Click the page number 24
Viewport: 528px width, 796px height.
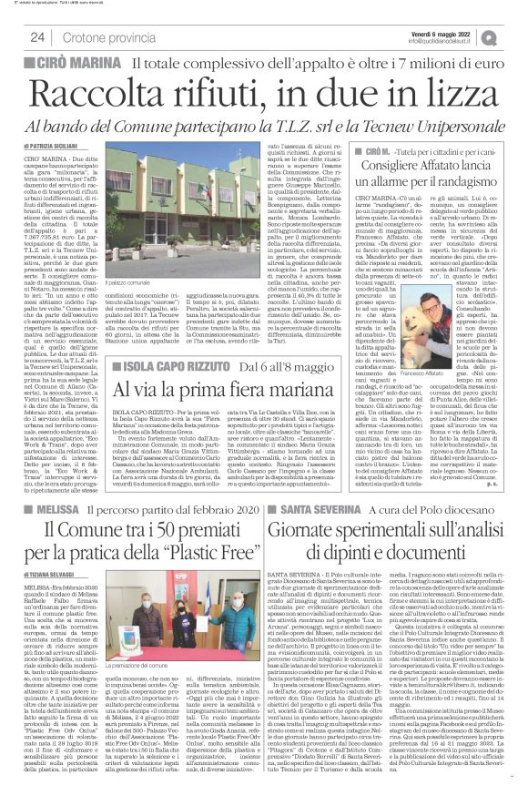pos(37,36)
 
